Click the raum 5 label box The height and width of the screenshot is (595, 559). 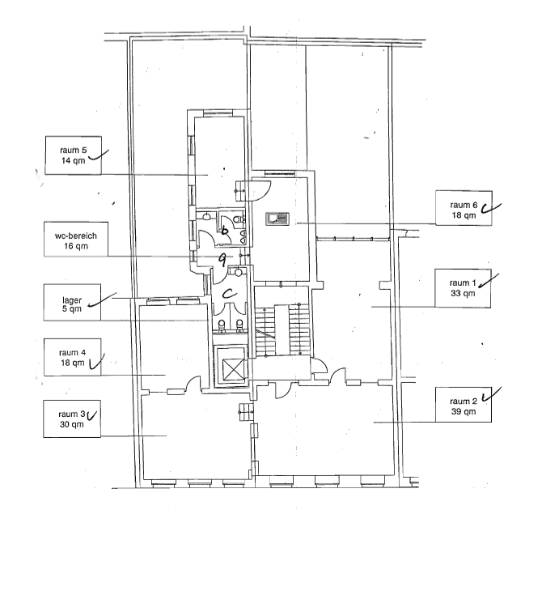point(73,155)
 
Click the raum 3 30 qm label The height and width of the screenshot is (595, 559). point(73,419)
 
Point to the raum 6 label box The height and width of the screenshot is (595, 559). point(464,210)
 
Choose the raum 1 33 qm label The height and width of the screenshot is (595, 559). point(464,287)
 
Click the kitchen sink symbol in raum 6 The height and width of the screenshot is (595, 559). point(278,217)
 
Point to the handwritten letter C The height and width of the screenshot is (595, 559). point(228,292)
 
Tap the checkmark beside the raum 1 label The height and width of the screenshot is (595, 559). point(489,280)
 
